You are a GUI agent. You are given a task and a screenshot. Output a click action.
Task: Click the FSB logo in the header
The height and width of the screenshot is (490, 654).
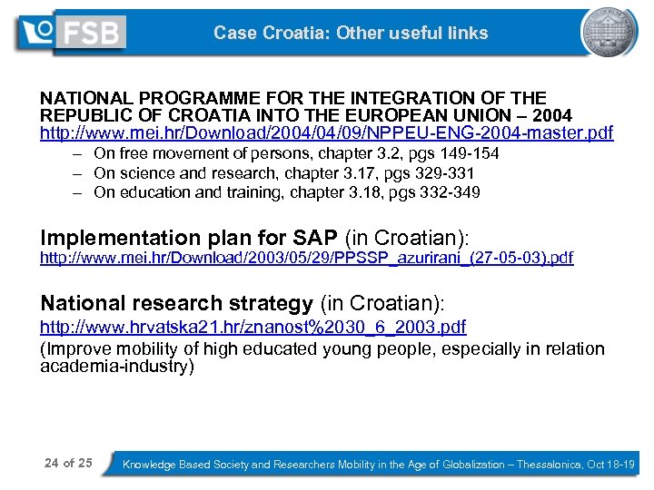73,33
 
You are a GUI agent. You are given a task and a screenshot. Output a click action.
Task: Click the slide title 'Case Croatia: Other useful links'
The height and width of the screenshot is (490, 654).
351,34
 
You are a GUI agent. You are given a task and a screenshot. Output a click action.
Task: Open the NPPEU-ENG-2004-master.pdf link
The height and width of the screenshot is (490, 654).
326,133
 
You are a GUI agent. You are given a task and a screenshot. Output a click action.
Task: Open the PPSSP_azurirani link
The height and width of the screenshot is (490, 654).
306,258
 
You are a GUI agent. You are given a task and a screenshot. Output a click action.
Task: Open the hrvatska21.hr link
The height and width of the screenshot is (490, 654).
253,327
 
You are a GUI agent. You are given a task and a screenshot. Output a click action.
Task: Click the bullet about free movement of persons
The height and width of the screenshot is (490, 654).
296,153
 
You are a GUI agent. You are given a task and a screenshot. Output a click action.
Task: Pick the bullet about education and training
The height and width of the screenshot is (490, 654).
287,191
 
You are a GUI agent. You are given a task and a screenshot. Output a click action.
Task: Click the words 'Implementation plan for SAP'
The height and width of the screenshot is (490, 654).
189,238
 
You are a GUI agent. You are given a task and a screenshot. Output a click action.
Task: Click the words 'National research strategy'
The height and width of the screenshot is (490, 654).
176,304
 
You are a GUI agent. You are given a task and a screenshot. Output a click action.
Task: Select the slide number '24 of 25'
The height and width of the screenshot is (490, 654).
68,463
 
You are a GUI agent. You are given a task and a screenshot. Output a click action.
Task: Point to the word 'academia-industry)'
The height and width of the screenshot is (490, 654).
117,367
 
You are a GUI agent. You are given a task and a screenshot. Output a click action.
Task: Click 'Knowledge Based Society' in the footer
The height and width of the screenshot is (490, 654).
186,464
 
